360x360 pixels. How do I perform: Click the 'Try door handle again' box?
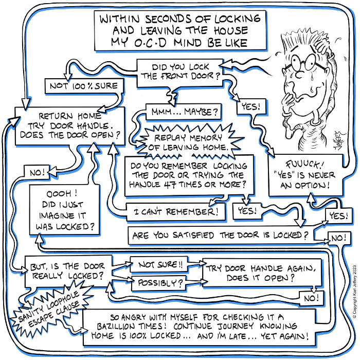pyautogui.click(x=250, y=273)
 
